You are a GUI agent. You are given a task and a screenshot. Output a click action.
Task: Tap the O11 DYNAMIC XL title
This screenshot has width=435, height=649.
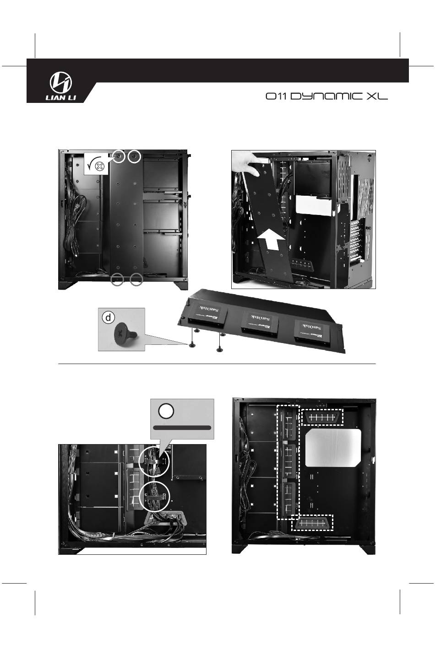click(x=326, y=97)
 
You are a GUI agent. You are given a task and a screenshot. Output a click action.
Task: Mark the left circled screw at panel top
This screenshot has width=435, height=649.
click(x=119, y=156)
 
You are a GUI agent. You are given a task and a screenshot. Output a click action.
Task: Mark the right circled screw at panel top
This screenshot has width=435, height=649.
click(x=134, y=156)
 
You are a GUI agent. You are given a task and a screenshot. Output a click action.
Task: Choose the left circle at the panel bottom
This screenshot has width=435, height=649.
click(x=118, y=279)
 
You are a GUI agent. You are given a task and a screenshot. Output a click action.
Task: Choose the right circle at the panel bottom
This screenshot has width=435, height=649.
click(x=136, y=279)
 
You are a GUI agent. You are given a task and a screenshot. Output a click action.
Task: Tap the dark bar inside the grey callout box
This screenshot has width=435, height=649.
click(x=182, y=428)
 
